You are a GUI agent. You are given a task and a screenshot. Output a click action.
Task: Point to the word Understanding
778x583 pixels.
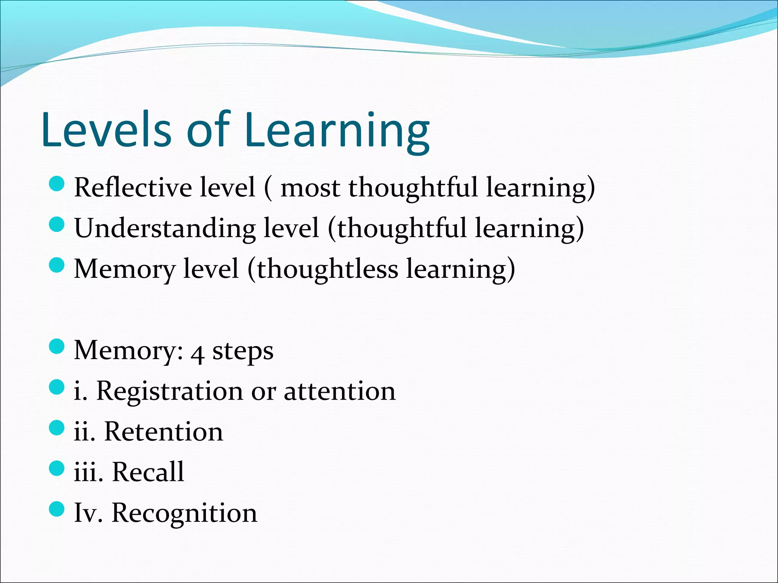tap(165, 228)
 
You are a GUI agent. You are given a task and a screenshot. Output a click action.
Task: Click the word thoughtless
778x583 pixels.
tap(327, 269)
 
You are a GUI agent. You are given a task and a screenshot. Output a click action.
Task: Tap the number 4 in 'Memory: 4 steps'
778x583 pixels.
tap(198, 353)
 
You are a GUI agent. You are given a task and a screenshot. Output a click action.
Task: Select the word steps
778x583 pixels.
tap(243, 351)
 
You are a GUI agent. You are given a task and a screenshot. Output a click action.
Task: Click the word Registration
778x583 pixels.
tap(169, 392)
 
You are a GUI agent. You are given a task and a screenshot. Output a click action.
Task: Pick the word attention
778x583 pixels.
tap(340, 392)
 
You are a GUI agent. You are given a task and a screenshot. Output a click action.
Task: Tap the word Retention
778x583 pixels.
tap(164, 432)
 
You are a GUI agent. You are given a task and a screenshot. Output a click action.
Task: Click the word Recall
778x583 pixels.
tap(148, 472)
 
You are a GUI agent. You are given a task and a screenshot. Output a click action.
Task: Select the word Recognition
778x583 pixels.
tap(184, 513)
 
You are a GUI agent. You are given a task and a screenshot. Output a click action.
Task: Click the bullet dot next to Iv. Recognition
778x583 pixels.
tap(57, 509)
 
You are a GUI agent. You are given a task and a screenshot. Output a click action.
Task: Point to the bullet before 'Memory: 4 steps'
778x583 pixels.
tap(57, 347)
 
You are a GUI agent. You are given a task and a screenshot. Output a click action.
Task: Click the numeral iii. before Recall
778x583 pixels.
tap(89, 472)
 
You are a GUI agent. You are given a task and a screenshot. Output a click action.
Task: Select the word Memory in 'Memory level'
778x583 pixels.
tap(125, 269)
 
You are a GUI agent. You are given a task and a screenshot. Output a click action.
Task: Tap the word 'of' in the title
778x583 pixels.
tap(208, 130)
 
